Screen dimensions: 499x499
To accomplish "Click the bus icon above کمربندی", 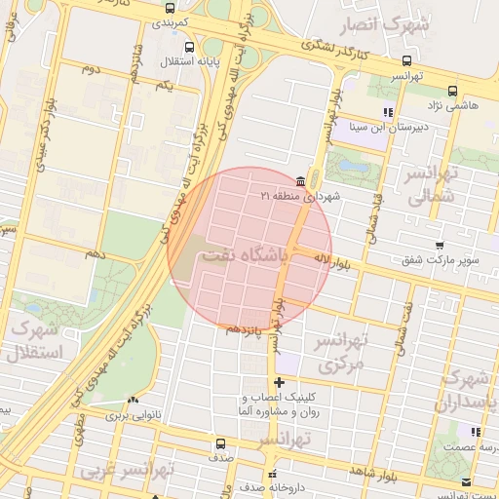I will [171, 8].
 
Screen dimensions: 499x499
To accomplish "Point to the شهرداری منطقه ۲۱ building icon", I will [299, 181].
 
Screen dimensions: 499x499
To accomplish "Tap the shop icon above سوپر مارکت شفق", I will [440, 245].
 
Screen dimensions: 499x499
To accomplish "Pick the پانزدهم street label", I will [245, 328].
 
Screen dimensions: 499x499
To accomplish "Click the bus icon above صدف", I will [220, 444].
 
